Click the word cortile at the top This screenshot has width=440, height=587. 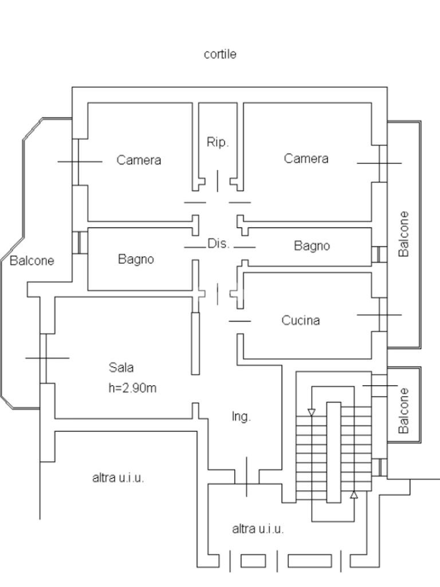220,54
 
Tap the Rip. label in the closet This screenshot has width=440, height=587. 217,142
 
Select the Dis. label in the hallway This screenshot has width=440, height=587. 218,244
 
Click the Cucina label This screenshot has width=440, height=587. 300,320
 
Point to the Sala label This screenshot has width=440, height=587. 121,367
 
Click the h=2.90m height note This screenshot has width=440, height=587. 132,388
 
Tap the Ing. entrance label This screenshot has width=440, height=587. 241,417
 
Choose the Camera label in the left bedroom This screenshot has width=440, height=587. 139,160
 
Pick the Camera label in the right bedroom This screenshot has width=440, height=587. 306,158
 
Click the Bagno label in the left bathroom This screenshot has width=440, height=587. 136,259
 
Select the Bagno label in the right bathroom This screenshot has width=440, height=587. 312,245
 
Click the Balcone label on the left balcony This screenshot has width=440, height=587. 32,260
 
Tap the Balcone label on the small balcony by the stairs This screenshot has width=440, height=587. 404,410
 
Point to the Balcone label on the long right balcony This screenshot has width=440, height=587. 404,234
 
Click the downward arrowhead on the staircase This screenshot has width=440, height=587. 311,412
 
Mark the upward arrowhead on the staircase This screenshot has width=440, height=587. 354,495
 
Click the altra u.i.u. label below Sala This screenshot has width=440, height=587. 118,478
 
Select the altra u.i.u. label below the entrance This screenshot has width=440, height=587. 258,529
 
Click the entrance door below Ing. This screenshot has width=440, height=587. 246,477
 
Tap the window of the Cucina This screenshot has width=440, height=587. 379,315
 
